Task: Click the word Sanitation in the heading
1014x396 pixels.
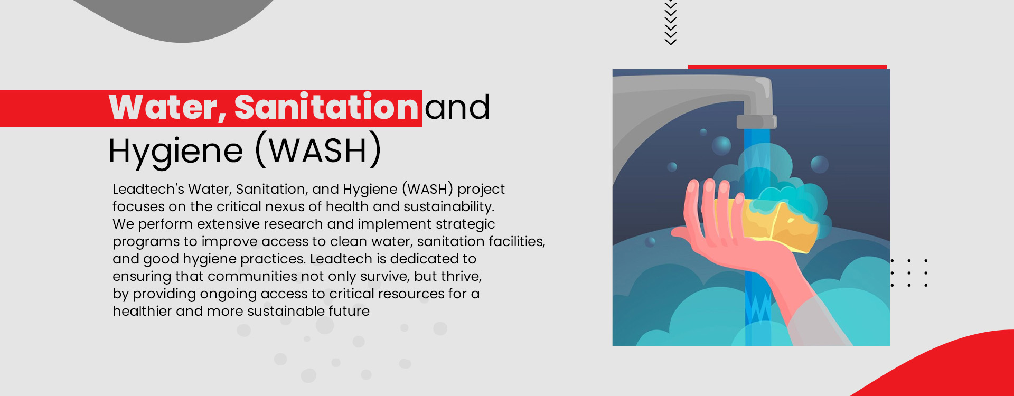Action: point(326,108)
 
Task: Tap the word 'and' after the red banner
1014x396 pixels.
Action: point(457,108)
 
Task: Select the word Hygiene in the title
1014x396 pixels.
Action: point(175,152)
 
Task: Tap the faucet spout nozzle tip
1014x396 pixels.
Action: point(756,122)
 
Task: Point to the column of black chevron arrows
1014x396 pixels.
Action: point(671,22)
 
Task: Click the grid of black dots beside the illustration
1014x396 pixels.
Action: point(909,273)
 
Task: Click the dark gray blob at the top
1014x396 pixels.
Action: point(180,18)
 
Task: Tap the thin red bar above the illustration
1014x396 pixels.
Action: point(787,67)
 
